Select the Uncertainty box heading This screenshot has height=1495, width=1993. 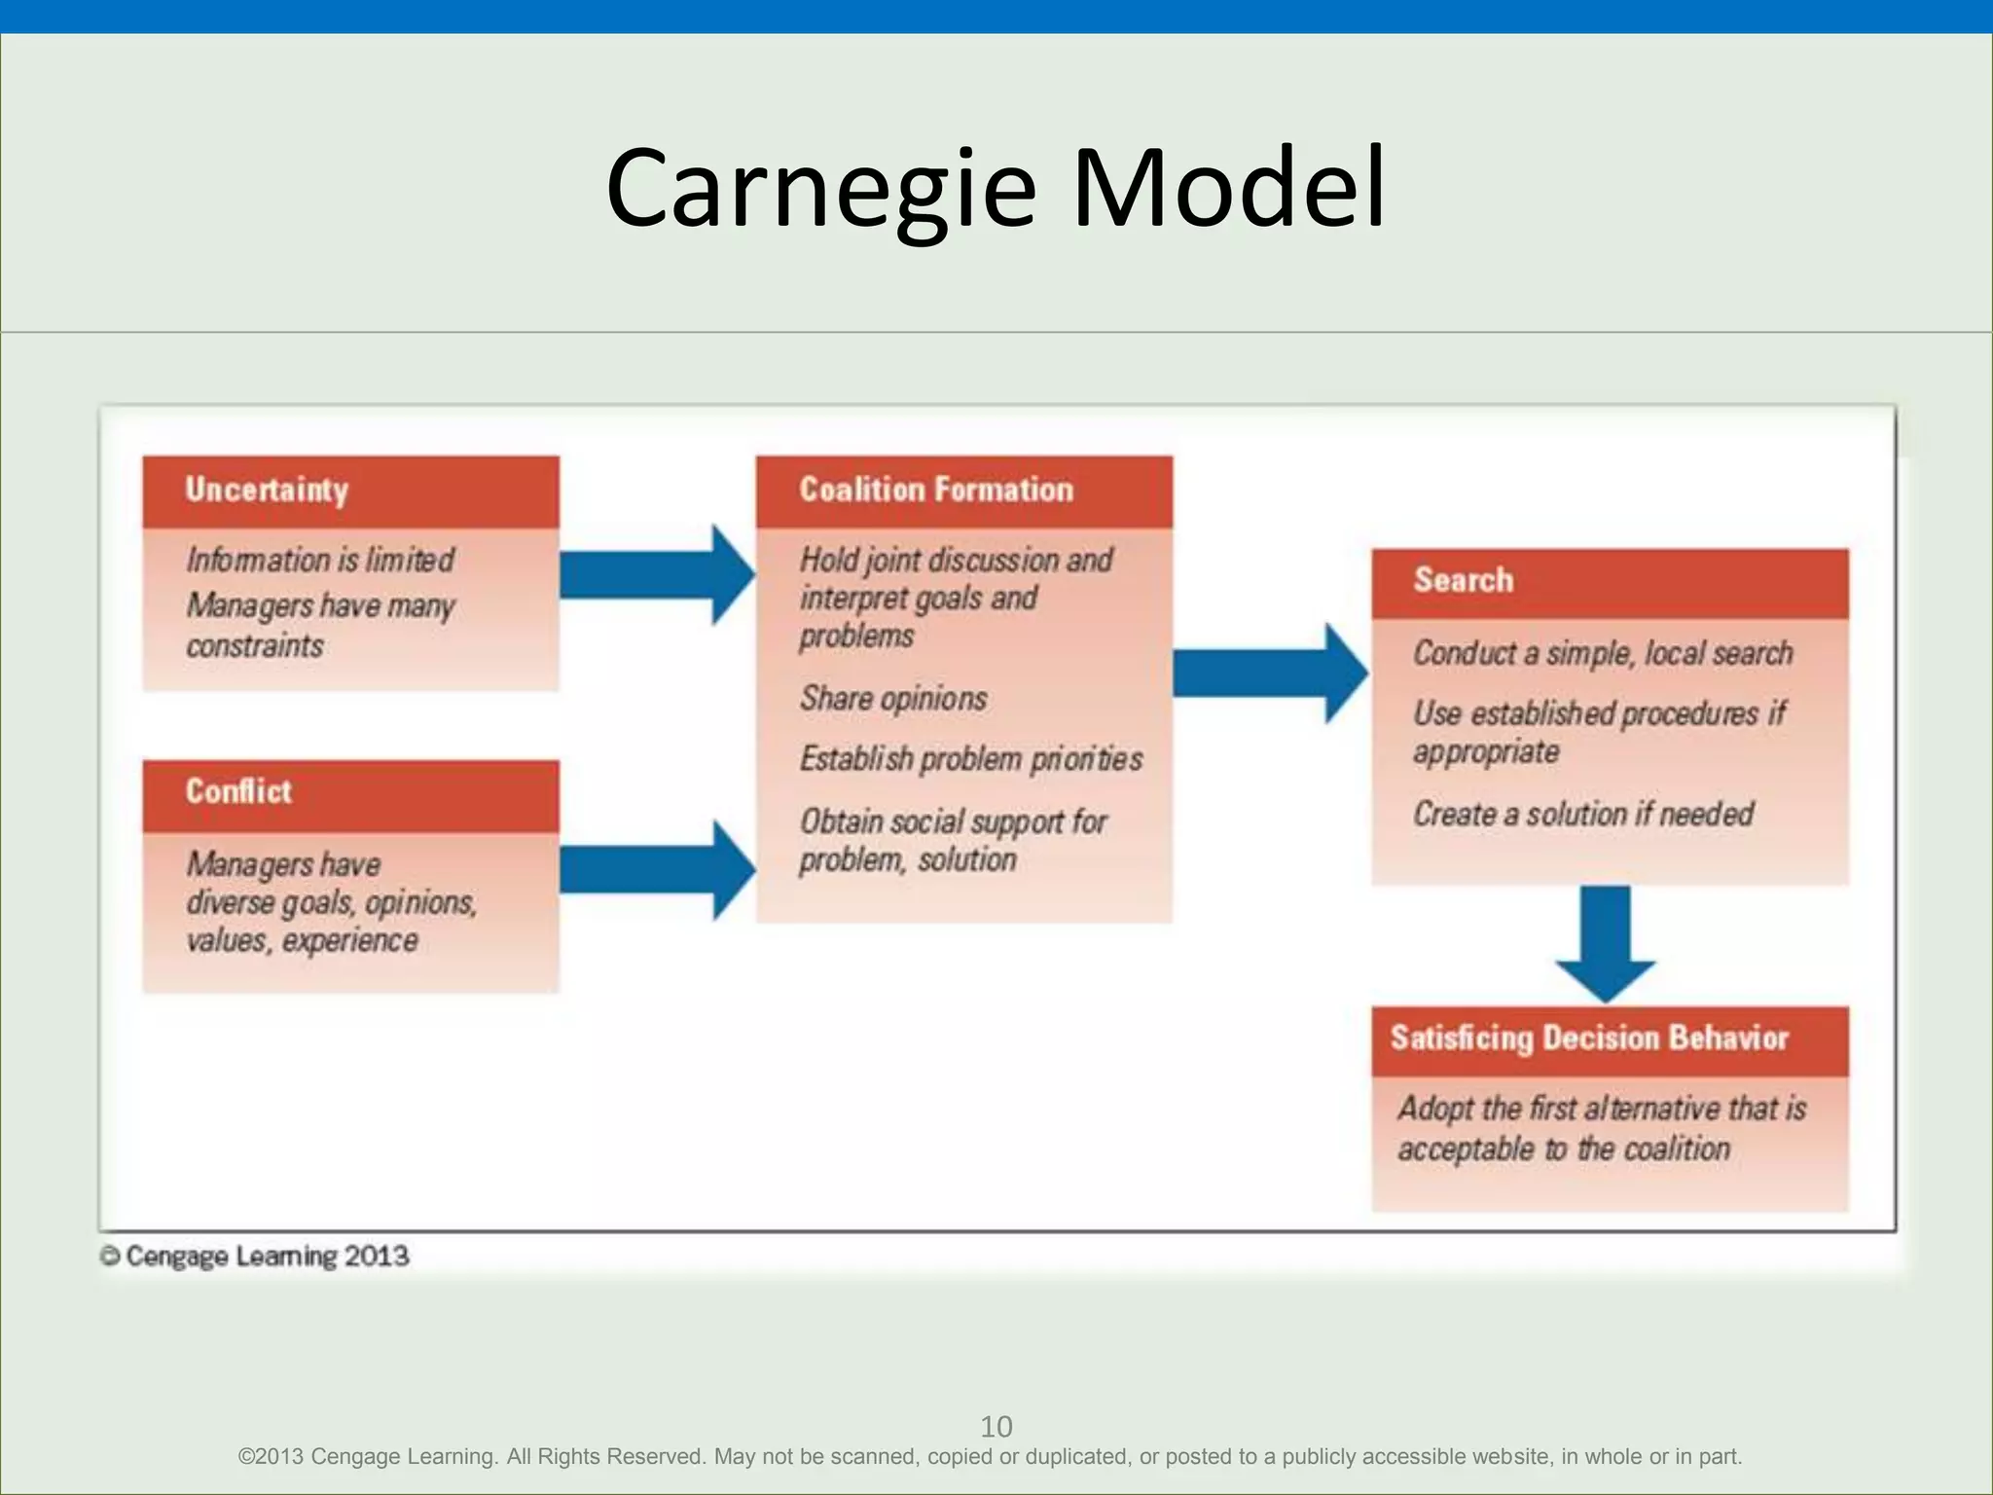click(x=267, y=490)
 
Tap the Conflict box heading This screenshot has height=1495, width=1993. click(x=238, y=791)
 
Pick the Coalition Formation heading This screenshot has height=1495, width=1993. click(x=936, y=490)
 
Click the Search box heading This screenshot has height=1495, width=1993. click(x=1464, y=580)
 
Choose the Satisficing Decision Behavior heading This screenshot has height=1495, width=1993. click(x=1589, y=1039)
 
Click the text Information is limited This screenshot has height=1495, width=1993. click(x=320, y=560)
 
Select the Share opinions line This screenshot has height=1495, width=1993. click(x=893, y=698)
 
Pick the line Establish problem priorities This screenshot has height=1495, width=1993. click(x=971, y=758)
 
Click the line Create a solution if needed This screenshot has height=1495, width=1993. click(x=1583, y=814)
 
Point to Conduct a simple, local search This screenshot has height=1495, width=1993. click(x=1603, y=653)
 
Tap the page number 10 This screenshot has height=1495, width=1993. click(x=996, y=1427)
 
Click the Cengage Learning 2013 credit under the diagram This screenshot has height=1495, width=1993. click(x=255, y=1257)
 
